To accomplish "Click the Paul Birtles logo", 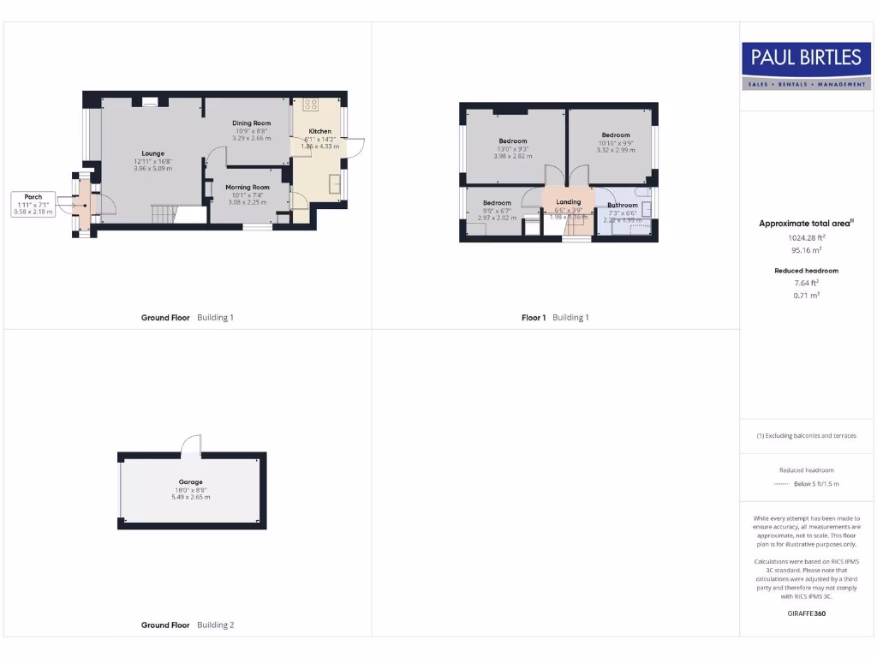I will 805,66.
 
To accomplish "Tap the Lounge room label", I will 153,154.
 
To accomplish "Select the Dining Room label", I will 251,123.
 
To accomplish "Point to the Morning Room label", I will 248,187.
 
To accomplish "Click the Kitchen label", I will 319,132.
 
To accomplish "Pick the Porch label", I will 33,197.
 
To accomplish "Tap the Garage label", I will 190,482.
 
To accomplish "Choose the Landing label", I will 568,202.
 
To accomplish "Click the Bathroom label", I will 623,206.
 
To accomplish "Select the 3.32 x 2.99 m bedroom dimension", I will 616,150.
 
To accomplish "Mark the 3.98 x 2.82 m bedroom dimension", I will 513,156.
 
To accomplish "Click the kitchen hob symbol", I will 310,105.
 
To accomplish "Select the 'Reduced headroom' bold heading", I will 806,271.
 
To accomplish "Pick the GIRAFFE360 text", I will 806,613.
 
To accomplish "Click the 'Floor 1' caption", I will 533,318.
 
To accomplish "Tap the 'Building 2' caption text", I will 215,625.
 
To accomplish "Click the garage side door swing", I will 191,444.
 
